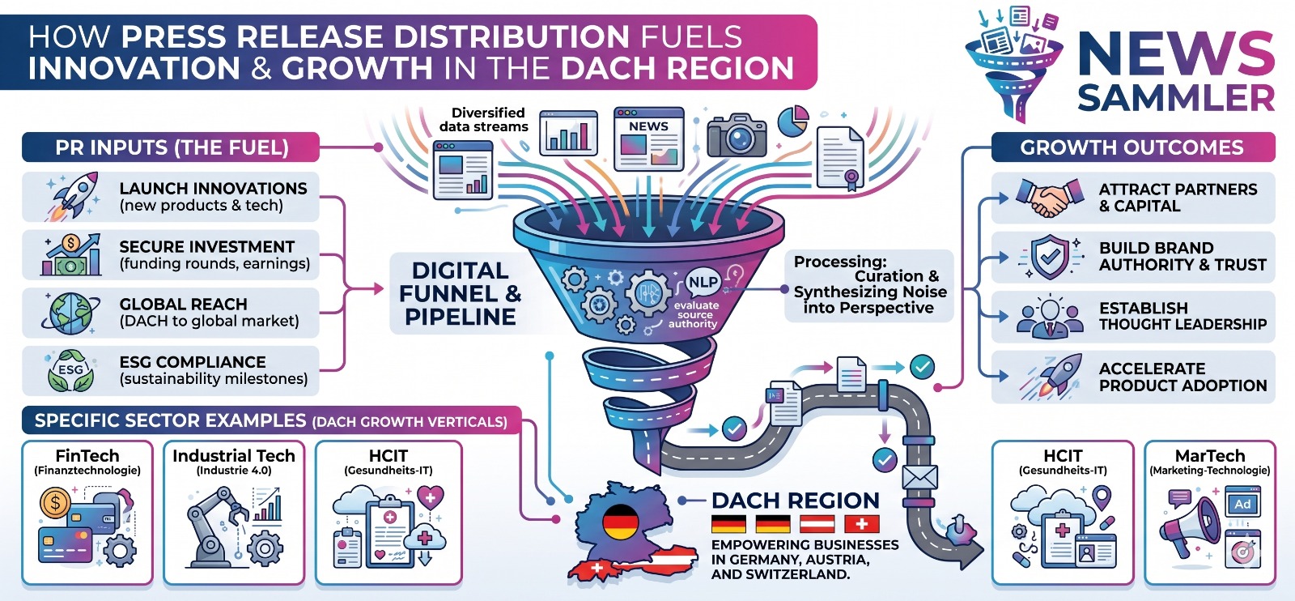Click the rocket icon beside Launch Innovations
(72, 195)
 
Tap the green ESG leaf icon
(70, 370)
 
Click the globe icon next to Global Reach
(70, 313)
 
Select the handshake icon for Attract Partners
(1050, 197)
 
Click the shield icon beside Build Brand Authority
(1050, 257)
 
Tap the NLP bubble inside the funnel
(703, 282)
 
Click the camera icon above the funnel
(736, 135)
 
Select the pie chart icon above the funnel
(793, 121)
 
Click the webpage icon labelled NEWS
(648, 139)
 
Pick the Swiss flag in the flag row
(861, 524)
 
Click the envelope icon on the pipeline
(919, 477)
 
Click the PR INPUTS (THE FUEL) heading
(171, 147)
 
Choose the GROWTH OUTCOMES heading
(1132, 147)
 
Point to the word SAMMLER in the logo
(1175, 98)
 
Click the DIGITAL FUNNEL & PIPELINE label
(460, 293)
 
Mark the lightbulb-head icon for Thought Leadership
(1050, 317)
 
